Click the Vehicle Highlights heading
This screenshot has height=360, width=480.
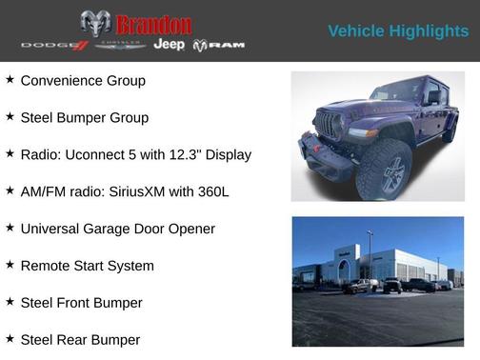coord(398,30)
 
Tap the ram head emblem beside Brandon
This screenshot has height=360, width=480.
coord(95,23)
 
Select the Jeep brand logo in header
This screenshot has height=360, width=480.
coord(170,45)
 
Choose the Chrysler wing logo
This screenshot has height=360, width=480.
coord(120,45)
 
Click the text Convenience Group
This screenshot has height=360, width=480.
coord(83,81)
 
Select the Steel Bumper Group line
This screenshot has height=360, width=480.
coord(84,118)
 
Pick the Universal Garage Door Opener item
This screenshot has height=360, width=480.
coord(117,229)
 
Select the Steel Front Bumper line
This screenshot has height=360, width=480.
coord(81,303)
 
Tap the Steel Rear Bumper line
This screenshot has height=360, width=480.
coord(80,340)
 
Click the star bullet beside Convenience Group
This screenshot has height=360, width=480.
coord(10,80)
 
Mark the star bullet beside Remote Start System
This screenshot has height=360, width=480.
coord(10,265)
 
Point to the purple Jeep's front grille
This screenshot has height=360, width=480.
coord(329,126)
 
